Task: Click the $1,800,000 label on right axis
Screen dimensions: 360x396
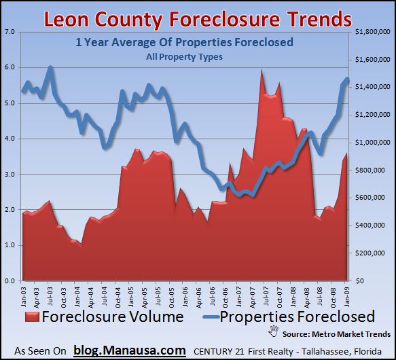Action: [373, 32]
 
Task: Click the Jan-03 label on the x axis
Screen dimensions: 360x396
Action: [24, 294]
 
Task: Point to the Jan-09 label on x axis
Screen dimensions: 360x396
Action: [348, 294]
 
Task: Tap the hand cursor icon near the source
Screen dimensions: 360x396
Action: [274, 331]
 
